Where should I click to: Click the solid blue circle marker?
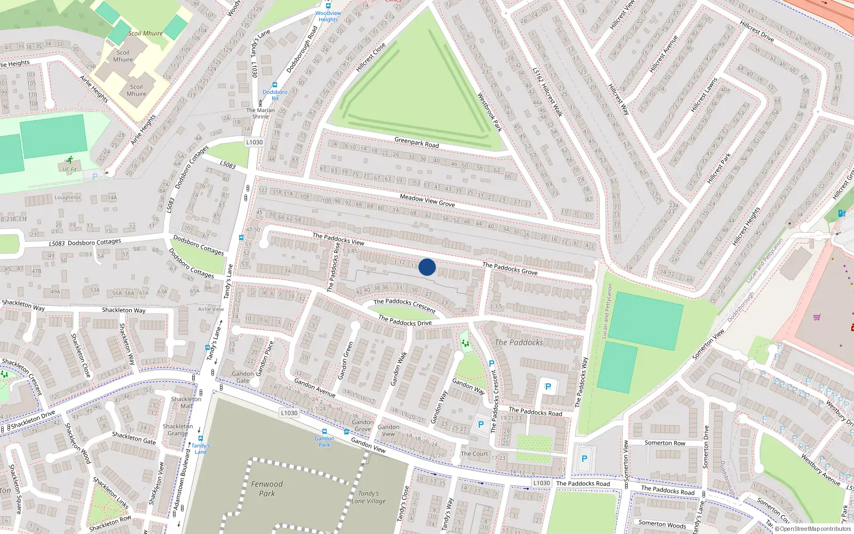[x=427, y=267]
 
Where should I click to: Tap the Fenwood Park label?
[x=267, y=489]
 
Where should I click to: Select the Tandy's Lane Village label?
[x=369, y=497]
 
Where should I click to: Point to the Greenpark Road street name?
[x=416, y=142]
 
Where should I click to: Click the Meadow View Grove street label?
[x=427, y=200]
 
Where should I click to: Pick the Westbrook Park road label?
[x=489, y=112]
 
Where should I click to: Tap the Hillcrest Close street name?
[x=370, y=57]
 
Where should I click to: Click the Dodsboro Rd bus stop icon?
[x=275, y=85]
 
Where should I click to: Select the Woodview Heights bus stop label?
[x=328, y=17]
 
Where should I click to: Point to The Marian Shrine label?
[x=260, y=113]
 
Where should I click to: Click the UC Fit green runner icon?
[x=70, y=160]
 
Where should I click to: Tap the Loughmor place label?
[x=68, y=198]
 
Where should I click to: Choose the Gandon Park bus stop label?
[x=324, y=442]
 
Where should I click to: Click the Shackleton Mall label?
[x=186, y=402]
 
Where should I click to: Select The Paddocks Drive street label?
[x=405, y=320]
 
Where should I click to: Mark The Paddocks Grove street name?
[x=510, y=268]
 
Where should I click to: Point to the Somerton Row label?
[x=665, y=443]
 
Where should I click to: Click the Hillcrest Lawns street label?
[x=703, y=95]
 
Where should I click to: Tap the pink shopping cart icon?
[x=816, y=318]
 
